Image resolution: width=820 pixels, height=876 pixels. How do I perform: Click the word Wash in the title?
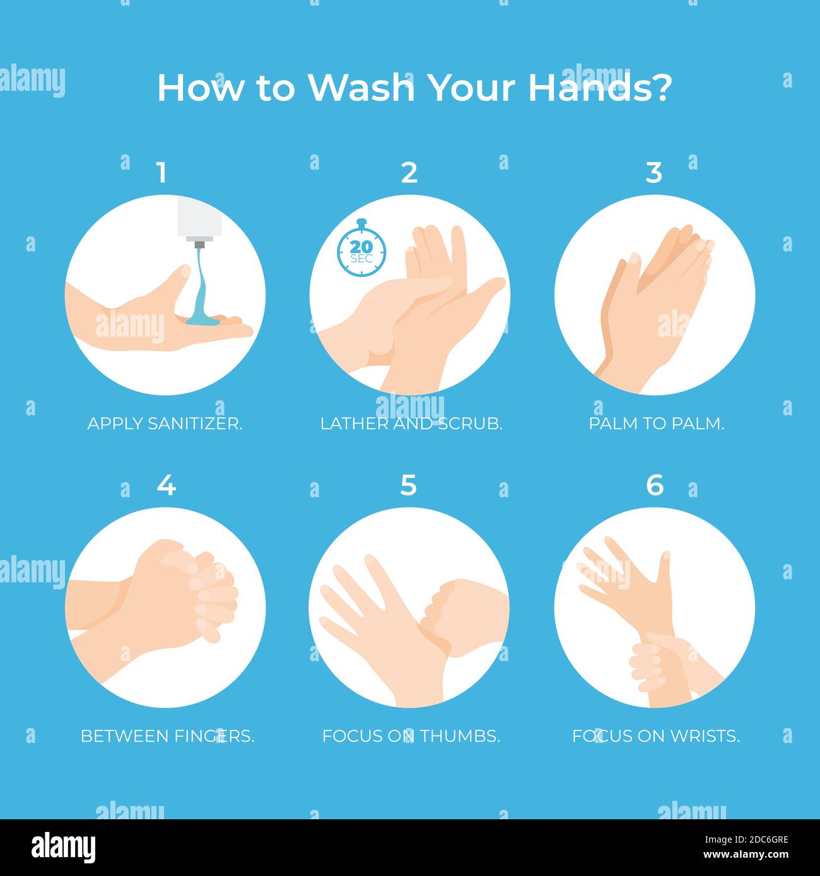pyautogui.click(x=361, y=88)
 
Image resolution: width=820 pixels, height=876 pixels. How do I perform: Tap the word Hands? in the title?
pyautogui.click(x=600, y=88)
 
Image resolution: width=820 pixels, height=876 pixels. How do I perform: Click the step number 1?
pyautogui.click(x=162, y=173)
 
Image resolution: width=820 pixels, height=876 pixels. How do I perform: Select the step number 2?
pyautogui.click(x=409, y=173)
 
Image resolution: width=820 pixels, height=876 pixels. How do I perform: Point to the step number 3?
pyautogui.click(x=654, y=173)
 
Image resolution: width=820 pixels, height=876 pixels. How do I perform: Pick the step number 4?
pyautogui.click(x=167, y=485)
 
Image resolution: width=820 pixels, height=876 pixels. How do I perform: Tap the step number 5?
pyautogui.click(x=409, y=485)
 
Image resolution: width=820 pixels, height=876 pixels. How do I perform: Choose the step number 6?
pyautogui.click(x=654, y=485)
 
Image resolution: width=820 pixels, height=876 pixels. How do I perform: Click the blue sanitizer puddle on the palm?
pyautogui.click(x=203, y=320)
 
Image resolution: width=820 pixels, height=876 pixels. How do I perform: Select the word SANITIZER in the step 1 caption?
pyautogui.click(x=195, y=424)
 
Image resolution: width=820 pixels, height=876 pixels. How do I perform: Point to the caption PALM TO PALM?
pyautogui.click(x=657, y=424)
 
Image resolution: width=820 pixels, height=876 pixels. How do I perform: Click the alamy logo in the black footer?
pyautogui.click(x=63, y=848)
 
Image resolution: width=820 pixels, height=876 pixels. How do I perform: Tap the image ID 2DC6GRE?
pyautogui.click(x=758, y=840)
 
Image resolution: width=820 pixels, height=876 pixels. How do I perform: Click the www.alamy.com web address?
pyautogui.click(x=746, y=855)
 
